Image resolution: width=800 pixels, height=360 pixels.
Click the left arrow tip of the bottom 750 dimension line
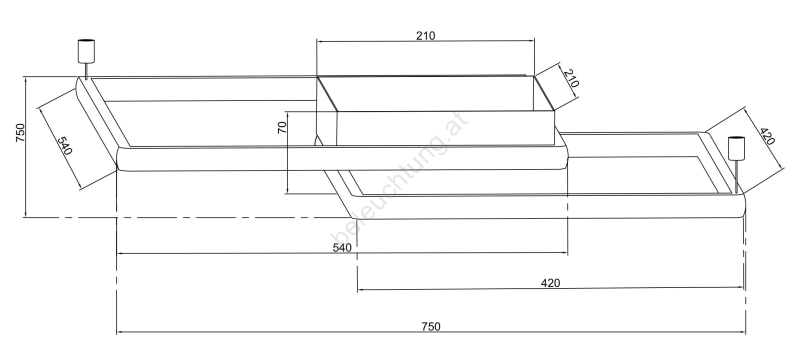117,332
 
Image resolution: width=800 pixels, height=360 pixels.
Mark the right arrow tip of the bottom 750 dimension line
745,332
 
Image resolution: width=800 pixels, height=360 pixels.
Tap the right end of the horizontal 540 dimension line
568,253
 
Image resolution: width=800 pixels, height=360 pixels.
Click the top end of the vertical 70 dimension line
288,112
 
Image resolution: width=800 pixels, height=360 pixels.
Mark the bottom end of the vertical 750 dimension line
25,217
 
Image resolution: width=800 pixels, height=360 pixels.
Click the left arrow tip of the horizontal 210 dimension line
317,41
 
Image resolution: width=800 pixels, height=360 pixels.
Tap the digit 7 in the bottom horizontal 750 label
424,326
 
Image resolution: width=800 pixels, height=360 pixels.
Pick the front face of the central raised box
445,128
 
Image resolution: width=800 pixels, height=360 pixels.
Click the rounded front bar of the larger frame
342,158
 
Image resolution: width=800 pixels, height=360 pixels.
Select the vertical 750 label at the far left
20,132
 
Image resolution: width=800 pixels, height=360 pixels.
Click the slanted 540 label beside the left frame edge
65,144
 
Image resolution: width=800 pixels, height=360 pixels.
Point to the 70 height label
282,127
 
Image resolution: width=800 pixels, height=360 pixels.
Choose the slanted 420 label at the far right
767,136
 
